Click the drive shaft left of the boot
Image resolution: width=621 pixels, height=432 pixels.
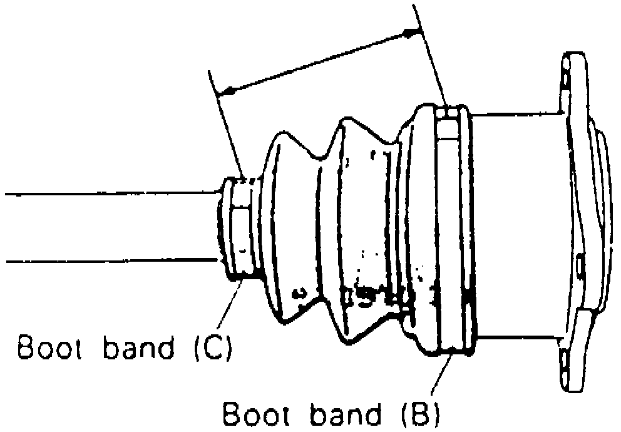[x=106, y=227]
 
